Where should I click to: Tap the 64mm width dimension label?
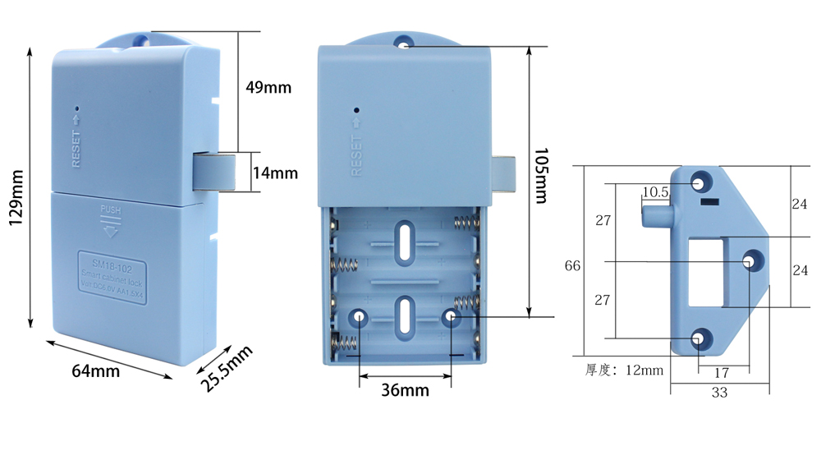[x=95, y=370]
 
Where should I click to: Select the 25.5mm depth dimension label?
[x=226, y=369]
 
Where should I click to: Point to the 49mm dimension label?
[x=268, y=87]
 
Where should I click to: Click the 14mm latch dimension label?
[x=274, y=173]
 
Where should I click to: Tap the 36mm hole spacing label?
[x=405, y=389]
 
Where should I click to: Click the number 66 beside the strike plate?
[x=573, y=266]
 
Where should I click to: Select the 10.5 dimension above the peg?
[x=655, y=192]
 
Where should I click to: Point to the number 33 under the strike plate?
[x=719, y=393]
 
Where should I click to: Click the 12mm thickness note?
[x=624, y=370]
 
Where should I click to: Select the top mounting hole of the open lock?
[x=403, y=42]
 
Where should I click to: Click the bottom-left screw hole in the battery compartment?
[x=360, y=316]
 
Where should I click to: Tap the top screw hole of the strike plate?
[x=699, y=181]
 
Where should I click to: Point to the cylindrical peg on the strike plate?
[x=654, y=216]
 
